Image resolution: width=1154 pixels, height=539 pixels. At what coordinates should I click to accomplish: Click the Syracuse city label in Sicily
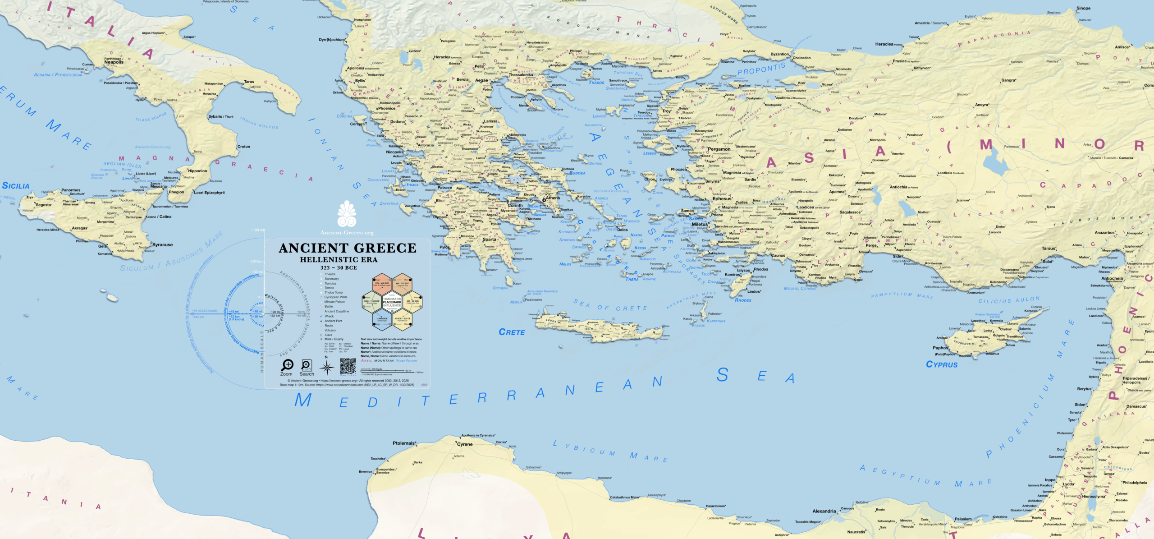(x=162, y=245)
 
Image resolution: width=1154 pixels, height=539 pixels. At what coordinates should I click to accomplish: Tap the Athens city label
(x=553, y=198)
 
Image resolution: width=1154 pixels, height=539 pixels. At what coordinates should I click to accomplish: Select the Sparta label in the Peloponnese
(x=490, y=240)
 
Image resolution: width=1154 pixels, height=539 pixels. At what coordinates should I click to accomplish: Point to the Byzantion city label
(x=780, y=54)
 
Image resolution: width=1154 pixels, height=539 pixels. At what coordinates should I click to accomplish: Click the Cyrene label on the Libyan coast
(x=465, y=444)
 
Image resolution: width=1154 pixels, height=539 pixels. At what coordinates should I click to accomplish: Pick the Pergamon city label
(x=719, y=149)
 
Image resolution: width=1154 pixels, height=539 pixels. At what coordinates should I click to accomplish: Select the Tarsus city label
(x=1049, y=249)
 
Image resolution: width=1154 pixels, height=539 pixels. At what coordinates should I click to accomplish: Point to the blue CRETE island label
(x=512, y=332)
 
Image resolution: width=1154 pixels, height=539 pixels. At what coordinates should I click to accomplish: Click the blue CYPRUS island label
(x=942, y=364)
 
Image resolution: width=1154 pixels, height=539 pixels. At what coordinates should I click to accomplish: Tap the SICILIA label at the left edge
(x=16, y=186)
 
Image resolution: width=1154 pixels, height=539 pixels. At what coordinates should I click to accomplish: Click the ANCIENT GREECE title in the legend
(x=347, y=248)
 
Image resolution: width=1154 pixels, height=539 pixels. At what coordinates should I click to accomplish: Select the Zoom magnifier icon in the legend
(x=287, y=365)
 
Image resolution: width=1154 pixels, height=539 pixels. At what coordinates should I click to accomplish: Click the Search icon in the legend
(x=307, y=365)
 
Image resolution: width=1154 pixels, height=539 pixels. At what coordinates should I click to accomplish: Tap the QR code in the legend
(x=348, y=366)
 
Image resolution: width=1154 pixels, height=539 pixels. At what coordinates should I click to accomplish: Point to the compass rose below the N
(x=327, y=368)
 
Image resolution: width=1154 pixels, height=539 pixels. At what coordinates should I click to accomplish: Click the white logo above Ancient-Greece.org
(x=347, y=214)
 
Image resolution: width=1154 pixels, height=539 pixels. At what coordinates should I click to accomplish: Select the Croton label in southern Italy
(x=243, y=147)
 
